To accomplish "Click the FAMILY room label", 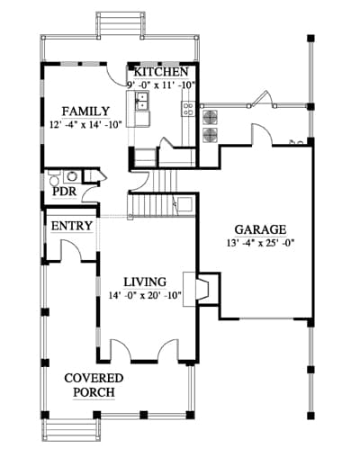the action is tap(85, 112).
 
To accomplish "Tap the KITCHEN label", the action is tap(161, 72).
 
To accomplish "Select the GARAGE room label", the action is tap(260, 229).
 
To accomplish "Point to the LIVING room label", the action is tap(145, 282).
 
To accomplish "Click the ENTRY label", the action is tap(72, 226).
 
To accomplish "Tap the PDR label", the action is tap(64, 192).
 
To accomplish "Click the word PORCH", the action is tap(94, 392).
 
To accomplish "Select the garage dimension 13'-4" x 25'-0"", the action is tap(260, 243).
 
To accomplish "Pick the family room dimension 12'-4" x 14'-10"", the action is tap(85, 124).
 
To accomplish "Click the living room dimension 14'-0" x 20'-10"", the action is tap(145, 295).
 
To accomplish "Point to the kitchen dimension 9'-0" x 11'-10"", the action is tap(161, 85).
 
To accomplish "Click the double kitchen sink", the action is tap(142, 101).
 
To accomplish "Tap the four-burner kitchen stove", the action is tap(188, 109).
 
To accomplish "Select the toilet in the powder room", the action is tap(54, 179).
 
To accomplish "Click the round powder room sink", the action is tap(72, 176).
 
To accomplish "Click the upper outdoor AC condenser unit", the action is tap(211, 117).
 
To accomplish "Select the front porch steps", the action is tap(71, 429).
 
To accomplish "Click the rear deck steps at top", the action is tap(121, 24).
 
